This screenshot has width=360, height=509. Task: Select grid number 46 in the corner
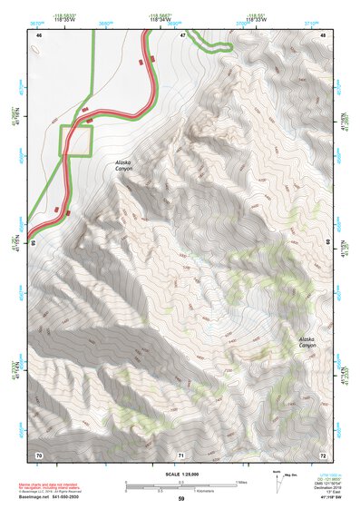(x=39, y=34)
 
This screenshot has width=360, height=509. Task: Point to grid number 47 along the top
(x=182, y=34)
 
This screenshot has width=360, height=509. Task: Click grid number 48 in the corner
(x=323, y=34)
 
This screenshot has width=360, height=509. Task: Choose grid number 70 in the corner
(x=39, y=454)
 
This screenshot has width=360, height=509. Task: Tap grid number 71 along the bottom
(x=181, y=454)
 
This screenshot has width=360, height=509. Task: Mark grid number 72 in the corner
(x=323, y=454)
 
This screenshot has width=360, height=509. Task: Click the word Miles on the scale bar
(x=240, y=482)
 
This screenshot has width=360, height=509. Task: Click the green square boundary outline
(x=77, y=142)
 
